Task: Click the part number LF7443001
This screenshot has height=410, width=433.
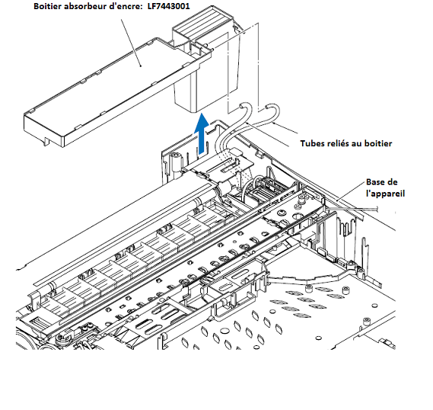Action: pyautogui.click(x=169, y=6)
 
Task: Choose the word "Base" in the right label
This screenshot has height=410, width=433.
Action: pyautogui.click(x=374, y=182)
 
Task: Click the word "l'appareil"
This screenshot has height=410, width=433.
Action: pyautogui.click(x=385, y=194)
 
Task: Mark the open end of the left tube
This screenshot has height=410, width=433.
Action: pyautogui.click(x=242, y=107)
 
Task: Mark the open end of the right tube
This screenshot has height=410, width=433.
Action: pyautogui.click(x=269, y=107)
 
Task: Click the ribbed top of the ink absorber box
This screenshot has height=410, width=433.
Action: pyautogui.click(x=202, y=21)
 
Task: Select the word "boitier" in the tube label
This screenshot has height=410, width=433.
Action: pyautogui.click(x=378, y=143)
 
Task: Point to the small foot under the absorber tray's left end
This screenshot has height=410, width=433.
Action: pyautogui.click(x=46, y=142)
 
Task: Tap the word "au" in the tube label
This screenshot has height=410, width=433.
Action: pyautogui.click(x=358, y=144)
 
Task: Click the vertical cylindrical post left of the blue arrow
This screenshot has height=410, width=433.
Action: pyautogui.click(x=176, y=163)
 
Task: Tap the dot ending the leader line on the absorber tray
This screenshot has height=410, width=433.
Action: pyautogui.click(x=141, y=66)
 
